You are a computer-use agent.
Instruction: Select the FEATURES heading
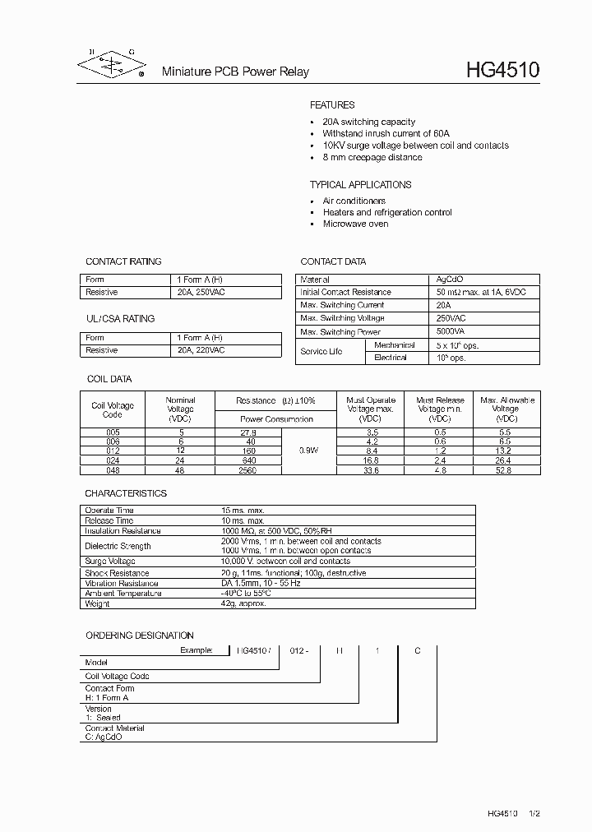[x=332, y=105]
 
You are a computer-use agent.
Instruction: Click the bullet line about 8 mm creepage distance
[x=372, y=157]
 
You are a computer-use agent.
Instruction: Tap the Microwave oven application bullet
[x=355, y=224]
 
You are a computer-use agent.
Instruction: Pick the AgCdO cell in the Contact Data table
[x=450, y=280]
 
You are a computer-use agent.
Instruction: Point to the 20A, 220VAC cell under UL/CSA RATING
[x=201, y=350]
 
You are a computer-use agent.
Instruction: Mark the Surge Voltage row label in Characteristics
[x=110, y=561]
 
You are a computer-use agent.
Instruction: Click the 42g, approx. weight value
[x=244, y=603]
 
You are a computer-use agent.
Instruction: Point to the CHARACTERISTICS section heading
[x=126, y=493]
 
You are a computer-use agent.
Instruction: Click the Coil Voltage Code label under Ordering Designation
[x=118, y=676]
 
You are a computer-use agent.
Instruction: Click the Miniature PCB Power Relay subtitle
[x=234, y=72]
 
